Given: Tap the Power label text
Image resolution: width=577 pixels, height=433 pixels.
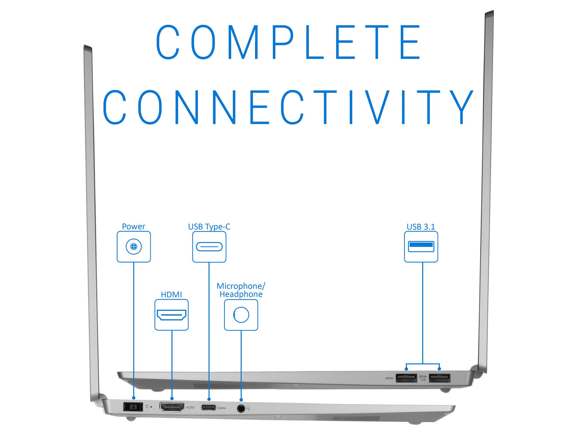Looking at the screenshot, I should coord(133,227).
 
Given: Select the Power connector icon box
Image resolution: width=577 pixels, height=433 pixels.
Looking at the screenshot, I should coord(134,247).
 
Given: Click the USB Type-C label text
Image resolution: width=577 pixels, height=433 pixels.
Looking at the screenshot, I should coord(209,227).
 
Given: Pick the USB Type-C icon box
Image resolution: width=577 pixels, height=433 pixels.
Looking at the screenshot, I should coord(209,247).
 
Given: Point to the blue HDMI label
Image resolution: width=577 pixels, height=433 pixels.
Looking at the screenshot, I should coord(171,295).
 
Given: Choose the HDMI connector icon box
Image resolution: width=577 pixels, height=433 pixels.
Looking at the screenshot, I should coord(171,315).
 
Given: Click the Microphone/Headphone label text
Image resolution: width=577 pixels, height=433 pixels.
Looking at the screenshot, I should coord(241,290).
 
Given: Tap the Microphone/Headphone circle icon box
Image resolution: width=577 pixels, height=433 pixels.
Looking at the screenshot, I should coord(241,315).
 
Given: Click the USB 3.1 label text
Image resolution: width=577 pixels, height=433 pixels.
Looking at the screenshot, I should coord(421,227).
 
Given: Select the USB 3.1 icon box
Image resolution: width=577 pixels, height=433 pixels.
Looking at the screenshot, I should coord(421,247).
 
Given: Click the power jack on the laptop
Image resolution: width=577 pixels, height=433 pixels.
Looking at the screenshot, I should coord(133,407).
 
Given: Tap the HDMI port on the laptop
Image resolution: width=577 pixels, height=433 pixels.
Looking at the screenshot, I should coord(172,407).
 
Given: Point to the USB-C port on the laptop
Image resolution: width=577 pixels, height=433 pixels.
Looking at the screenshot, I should coord(209,408).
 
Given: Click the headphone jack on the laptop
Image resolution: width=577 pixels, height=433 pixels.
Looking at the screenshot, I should coord(241,408).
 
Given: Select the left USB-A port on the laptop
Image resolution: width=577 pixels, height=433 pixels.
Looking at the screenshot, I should coord(406,378).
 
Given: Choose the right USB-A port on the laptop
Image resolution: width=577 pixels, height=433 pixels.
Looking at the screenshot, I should coord(439,378).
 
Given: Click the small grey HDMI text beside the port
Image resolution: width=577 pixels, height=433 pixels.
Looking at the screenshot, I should coord(190,408).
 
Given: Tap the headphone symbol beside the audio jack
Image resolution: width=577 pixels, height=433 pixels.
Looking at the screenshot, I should coord(248,408).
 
